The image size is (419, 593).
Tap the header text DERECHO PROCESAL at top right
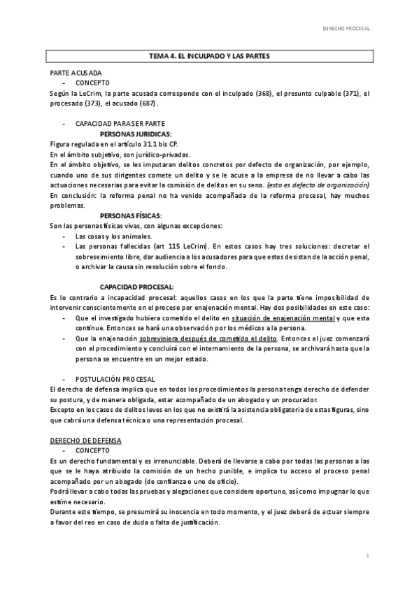pos(346,29)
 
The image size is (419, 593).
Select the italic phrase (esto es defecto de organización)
pos(318,185)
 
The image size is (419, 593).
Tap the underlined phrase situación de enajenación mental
pos(283,318)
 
